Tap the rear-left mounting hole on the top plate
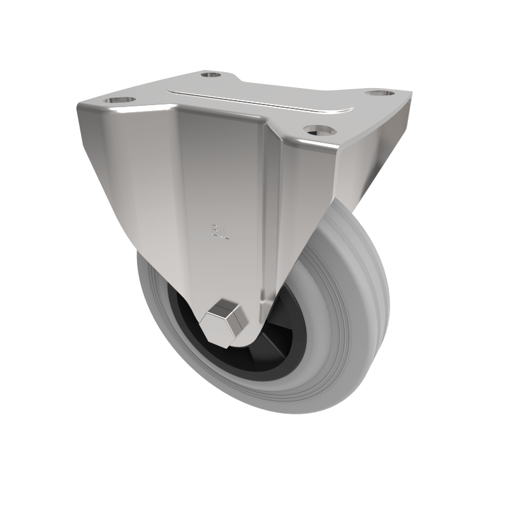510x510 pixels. point(210,75)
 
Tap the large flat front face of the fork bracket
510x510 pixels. point(217,191)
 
